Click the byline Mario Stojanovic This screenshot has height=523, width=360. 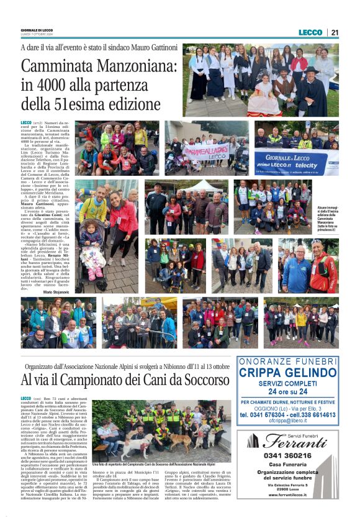click(x=56, y=291)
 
